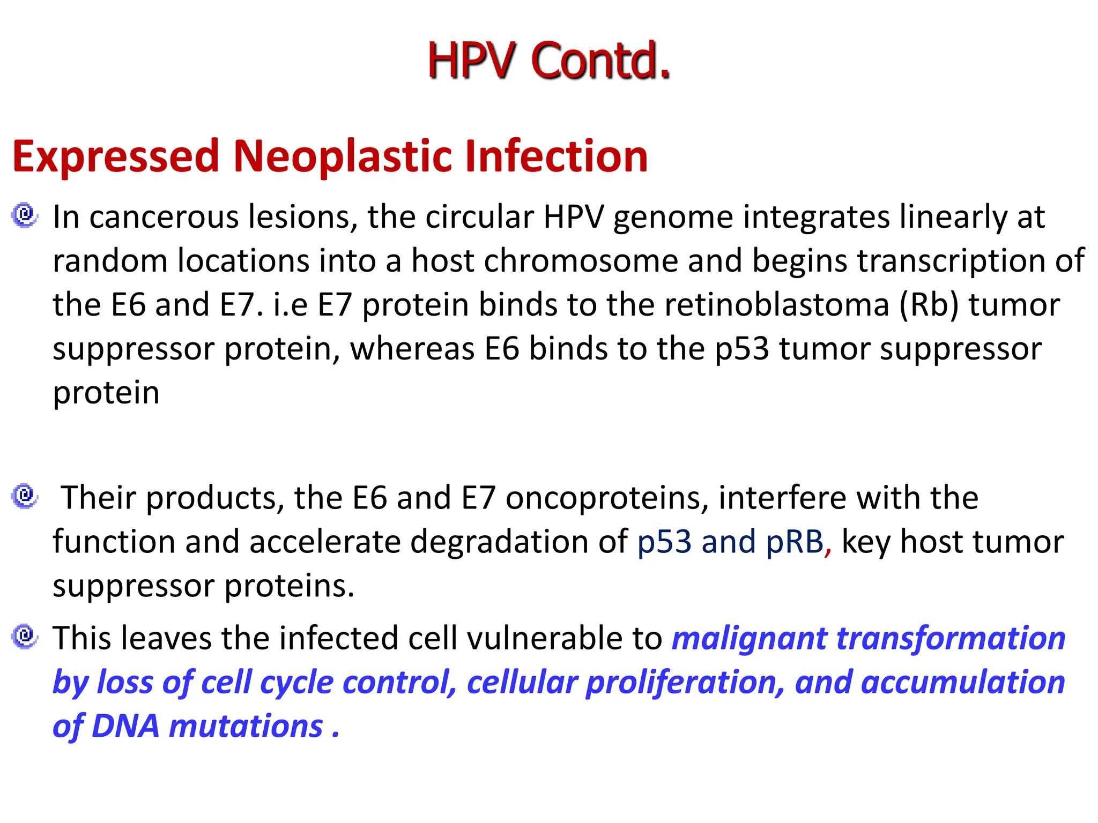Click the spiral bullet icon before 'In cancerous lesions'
(x=25, y=215)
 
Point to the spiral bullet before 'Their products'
(x=25, y=496)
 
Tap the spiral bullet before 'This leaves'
(x=25, y=637)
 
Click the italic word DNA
(x=125, y=727)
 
